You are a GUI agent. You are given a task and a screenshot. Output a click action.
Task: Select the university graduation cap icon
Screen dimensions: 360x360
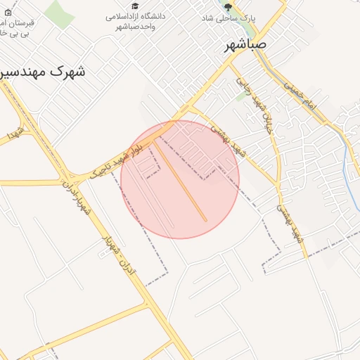click(135, 6)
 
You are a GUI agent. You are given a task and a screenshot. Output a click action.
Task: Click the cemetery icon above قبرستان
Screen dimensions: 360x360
click(8, 12)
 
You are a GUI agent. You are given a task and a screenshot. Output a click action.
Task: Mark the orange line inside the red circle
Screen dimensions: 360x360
click(181, 181)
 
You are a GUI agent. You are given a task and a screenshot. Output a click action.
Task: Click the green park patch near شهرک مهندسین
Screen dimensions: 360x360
click(59, 15)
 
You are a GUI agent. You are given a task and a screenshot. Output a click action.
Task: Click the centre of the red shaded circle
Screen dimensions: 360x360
click(180, 179)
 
